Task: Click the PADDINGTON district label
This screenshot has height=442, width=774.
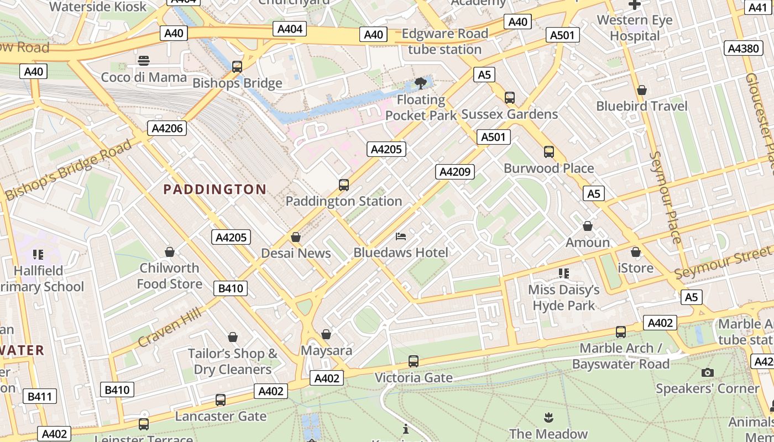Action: point(215,190)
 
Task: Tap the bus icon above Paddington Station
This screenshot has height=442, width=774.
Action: point(344,185)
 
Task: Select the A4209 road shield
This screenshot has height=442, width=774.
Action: point(455,172)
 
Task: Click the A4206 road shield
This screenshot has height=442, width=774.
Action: point(168,129)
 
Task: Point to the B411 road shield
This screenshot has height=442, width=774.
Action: point(40,396)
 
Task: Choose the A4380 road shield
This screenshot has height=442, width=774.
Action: point(743,48)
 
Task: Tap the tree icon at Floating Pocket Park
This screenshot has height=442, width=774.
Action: point(420,83)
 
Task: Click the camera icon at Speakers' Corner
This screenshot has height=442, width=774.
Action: point(707,372)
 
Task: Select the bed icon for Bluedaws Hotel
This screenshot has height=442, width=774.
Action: point(401,236)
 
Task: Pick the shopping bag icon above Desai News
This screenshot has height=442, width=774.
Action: point(296,237)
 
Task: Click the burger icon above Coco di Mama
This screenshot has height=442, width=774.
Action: point(144,60)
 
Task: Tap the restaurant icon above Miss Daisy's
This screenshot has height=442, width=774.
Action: point(564,273)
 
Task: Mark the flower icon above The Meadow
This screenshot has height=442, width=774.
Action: point(548,417)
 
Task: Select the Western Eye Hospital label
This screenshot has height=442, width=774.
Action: point(635,28)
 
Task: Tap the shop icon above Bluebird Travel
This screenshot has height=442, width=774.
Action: point(642,90)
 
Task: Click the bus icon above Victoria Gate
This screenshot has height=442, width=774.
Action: point(413,361)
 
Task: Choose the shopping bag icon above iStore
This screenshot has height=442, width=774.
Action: point(636,252)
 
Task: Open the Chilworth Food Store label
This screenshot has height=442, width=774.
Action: point(169,276)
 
